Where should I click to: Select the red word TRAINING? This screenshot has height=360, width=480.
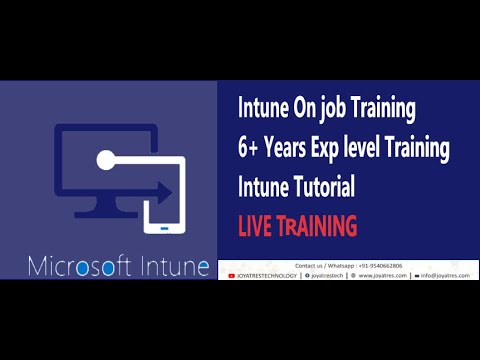coord(317,226)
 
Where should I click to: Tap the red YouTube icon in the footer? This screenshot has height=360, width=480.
coord(232,275)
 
